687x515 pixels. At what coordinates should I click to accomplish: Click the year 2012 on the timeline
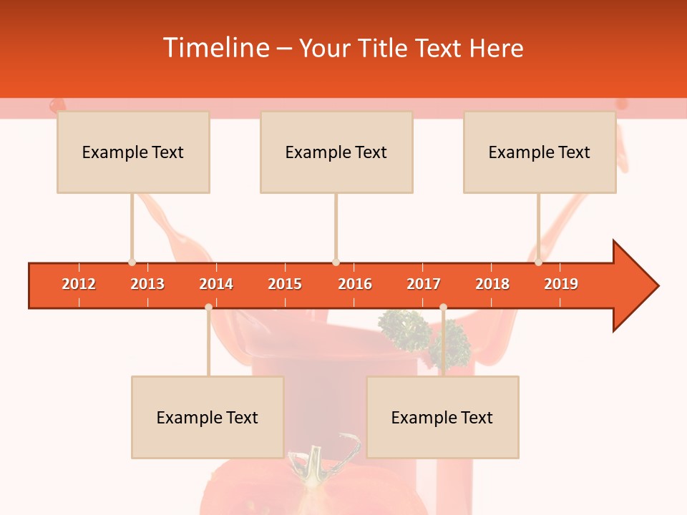pyautogui.click(x=79, y=284)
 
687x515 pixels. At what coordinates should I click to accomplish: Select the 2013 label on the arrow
pyautogui.click(x=147, y=284)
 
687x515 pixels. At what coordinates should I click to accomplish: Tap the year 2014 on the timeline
pyautogui.click(x=216, y=284)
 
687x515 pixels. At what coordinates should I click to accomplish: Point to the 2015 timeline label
pyautogui.click(x=285, y=284)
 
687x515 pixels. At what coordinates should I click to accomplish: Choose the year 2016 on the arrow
pyautogui.click(x=355, y=284)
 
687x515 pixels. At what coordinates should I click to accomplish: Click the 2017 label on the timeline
pyautogui.click(x=424, y=284)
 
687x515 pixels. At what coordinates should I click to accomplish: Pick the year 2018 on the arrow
pyautogui.click(x=492, y=284)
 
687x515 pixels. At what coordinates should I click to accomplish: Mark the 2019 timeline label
pyautogui.click(x=561, y=284)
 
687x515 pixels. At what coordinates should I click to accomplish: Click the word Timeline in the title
pyautogui.click(x=215, y=48)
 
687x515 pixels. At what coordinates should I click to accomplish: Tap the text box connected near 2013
pyautogui.click(x=133, y=152)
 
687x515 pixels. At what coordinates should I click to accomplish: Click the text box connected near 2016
pyautogui.click(x=336, y=152)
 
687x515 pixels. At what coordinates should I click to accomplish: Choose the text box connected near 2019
pyautogui.click(x=540, y=152)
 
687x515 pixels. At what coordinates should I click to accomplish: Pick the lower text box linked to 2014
pyautogui.click(x=208, y=417)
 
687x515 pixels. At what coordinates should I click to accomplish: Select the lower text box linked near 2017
pyautogui.click(x=442, y=417)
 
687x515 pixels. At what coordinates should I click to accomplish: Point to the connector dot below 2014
pyautogui.click(x=208, y=307)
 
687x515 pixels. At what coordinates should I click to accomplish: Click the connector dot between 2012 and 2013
pyautogui.click(x=132, y=262)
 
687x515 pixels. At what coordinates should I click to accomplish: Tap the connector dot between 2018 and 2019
pyautogui.click(x=538, y=262)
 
